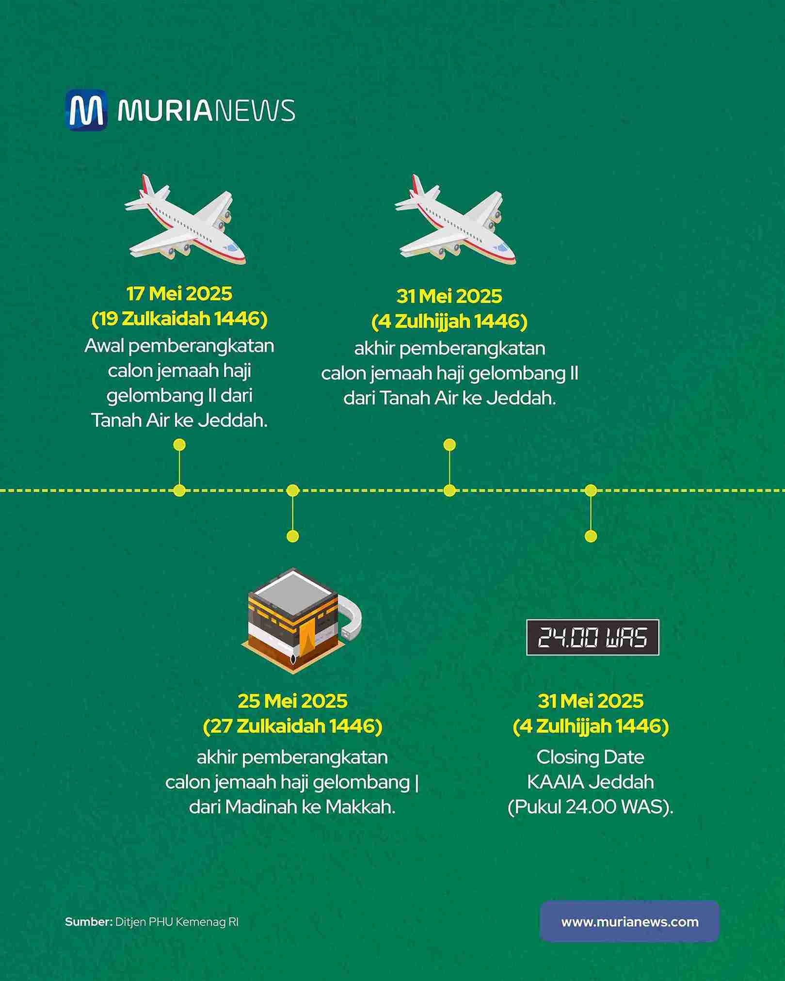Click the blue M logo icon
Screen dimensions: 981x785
86,110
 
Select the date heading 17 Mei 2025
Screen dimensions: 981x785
179,294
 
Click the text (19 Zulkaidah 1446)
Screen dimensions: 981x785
179,319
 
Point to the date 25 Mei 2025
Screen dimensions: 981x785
292,701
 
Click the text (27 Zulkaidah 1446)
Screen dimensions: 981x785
292,726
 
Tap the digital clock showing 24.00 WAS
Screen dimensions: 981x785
593,637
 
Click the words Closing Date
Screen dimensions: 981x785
590,757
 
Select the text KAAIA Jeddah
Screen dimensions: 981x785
590,782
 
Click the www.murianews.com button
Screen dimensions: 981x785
629,922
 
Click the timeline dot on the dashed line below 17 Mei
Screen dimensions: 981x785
179,491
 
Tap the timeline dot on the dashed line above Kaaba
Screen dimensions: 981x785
292,491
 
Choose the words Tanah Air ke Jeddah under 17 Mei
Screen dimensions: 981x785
179,420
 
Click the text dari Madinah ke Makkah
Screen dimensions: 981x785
292,807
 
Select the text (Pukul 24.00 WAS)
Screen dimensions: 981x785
590,807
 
